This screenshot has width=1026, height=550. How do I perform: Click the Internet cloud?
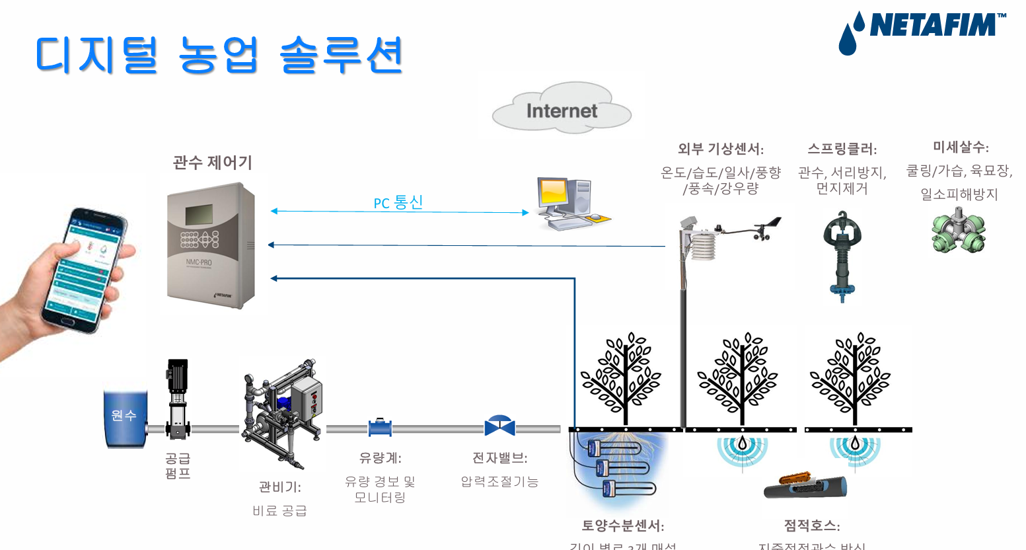coord(562,109)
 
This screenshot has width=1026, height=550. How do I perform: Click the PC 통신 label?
coord(398,202)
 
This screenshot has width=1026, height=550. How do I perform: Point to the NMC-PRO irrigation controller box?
coord(211,245)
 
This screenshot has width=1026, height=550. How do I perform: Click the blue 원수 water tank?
coord(125,418)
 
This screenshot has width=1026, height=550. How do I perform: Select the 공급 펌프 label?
coord(178,465)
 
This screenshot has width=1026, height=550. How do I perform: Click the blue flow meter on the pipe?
coord(380,428)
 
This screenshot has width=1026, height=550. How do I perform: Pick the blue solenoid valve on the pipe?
coord(499,426)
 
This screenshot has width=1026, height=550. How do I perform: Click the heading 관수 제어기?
coord(212,163)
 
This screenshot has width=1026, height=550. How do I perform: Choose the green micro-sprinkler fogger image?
coord(958,231)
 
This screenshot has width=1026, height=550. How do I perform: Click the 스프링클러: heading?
coord(842,149)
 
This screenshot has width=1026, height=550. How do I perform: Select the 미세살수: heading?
coord(960,147)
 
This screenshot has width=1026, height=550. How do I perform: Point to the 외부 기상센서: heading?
coord(720,149)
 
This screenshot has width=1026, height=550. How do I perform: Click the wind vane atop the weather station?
coord(766,227)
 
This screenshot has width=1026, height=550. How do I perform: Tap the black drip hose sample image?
coord(805,486)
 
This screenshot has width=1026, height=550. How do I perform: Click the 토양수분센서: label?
coord(622,526)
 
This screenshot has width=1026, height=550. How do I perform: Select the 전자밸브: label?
coord(499,457)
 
